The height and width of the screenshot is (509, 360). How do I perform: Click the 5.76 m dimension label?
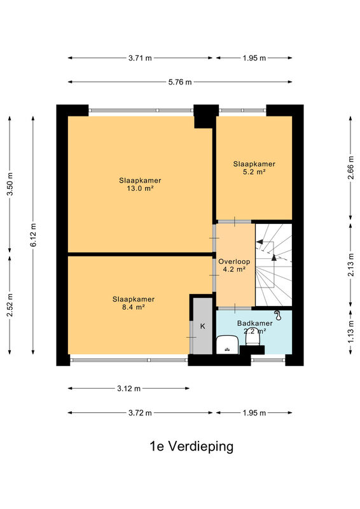pos(180,82)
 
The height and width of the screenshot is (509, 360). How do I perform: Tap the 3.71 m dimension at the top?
pos(140,58)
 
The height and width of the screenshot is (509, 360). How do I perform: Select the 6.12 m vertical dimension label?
pos(33,235)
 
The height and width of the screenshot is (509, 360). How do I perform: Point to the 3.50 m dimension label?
pos(10,184)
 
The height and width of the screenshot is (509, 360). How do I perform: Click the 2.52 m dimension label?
pos(10,305)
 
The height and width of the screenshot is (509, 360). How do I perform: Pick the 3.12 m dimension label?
pos(129,389)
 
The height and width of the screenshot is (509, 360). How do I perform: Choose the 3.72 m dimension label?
pos(140,413)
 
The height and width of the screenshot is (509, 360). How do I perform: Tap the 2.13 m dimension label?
pos(350,265)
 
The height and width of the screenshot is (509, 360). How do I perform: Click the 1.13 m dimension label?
pos(350,331)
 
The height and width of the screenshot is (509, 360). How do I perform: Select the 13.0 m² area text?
pos(140,188)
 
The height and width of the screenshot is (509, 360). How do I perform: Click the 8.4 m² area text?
pos(133,307)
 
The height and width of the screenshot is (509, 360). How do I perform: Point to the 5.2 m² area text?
pos(254,172)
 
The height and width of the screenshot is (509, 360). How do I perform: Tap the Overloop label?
pos(234,261)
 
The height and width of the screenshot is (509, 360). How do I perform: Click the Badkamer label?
pos(255,323)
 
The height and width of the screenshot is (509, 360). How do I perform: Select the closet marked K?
pos(202,326)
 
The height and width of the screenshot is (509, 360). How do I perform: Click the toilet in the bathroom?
pos(253,338)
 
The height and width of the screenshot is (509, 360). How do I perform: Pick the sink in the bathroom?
pos(227,345)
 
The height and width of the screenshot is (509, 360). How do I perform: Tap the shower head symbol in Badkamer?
pos(277,315)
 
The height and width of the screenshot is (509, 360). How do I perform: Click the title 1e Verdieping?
pos(191,447)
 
